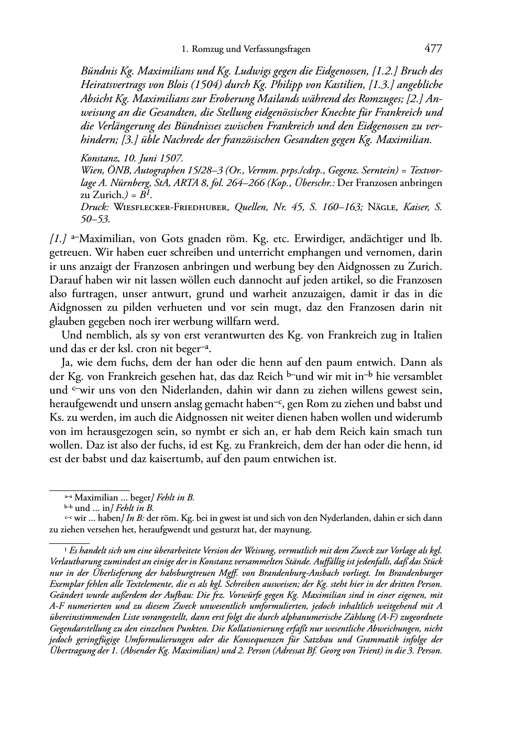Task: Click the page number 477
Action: click(x=433, y=49)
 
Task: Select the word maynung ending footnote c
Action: click(x=295, y=529)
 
